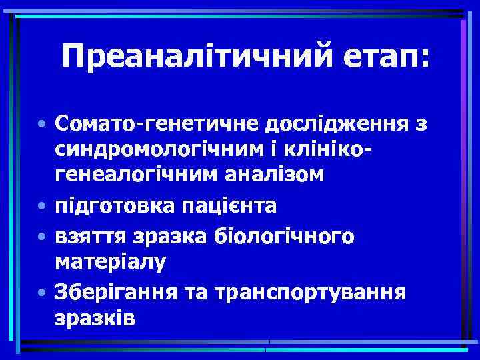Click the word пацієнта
[228, 206]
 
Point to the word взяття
[91, 237]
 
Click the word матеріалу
[110, 262]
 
